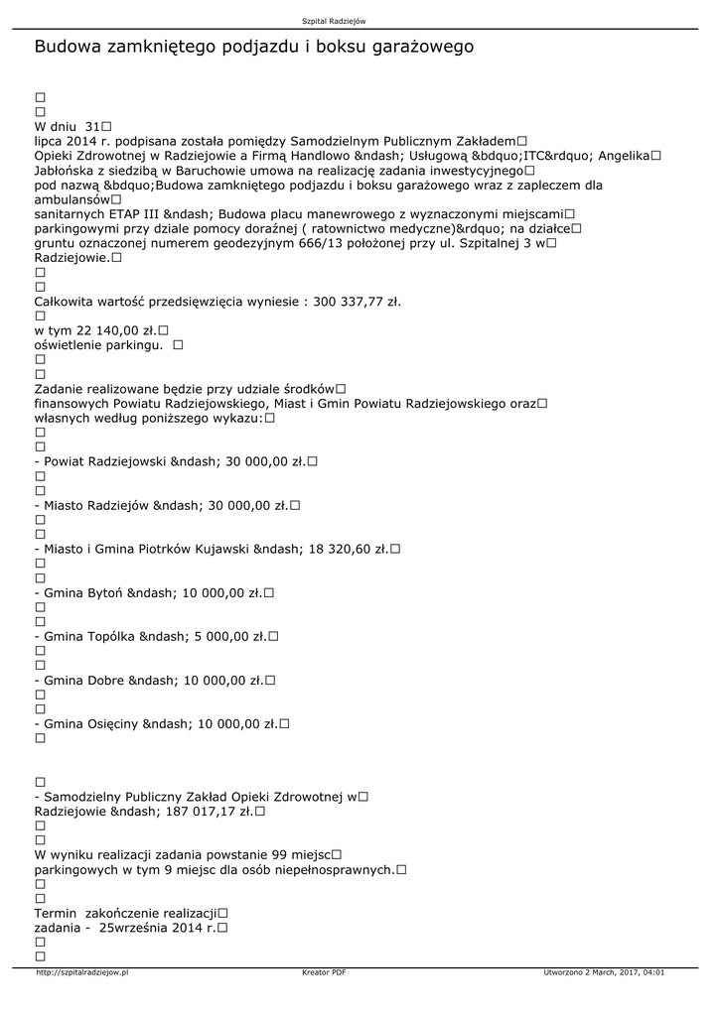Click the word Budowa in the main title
[x=66, y=47]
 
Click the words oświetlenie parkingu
[x=98, y=344]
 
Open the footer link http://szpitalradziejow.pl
[x=81, y=972]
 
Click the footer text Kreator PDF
[x=324, y=972]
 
